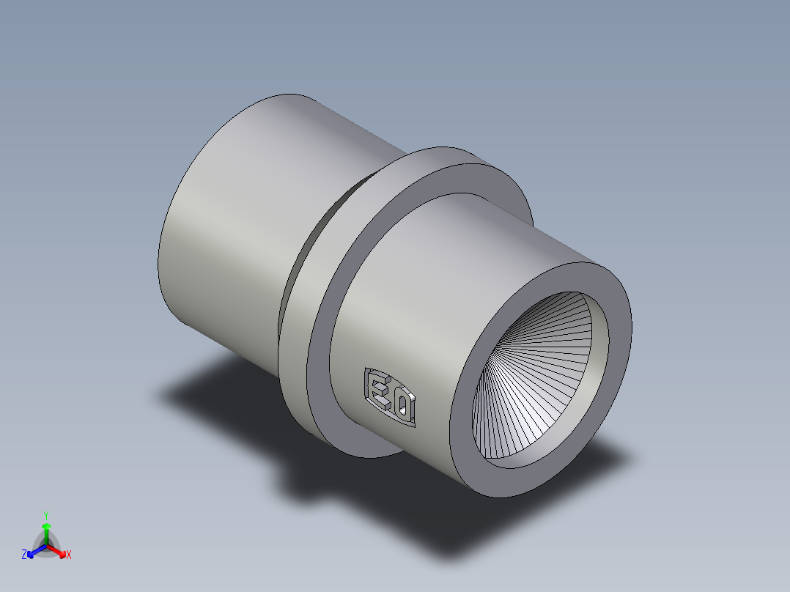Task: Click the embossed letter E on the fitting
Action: (377, 389)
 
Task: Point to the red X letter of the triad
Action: (69, 555)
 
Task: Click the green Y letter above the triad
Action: (45, 515)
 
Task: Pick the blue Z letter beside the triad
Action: (24, 555)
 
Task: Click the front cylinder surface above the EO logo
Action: (440, 293)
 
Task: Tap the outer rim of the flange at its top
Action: (432, 155)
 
